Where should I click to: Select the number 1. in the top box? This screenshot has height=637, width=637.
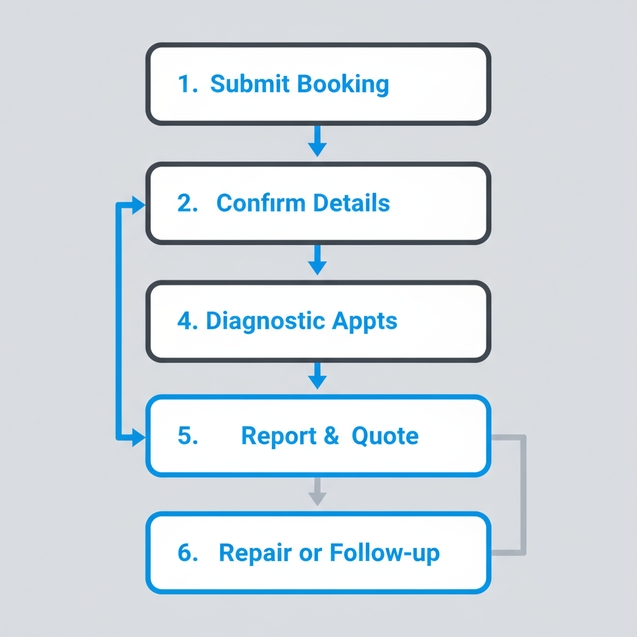[x=187, y=84]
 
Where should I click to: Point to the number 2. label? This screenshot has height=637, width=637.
[x=187, y=203]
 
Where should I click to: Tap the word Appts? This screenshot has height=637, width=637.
[x=365, y=321]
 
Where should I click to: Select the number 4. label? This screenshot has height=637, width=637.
[x=188, y=321]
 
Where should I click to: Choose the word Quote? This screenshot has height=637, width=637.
[x=385, y=435]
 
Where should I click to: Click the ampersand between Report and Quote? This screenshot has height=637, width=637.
[x=331, y=435]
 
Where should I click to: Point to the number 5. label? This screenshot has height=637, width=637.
[x=187, y=435]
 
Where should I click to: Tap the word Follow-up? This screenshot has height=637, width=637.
[x=384, y=552]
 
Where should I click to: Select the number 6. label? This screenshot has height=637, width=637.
[x=187, y=552]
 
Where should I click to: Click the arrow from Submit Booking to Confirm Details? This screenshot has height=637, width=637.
[x=317, y=142]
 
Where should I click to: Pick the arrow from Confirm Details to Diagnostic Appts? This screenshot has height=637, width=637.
[x=317, y=260]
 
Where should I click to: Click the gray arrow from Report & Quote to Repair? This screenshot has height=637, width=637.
[x=317, y=493]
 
